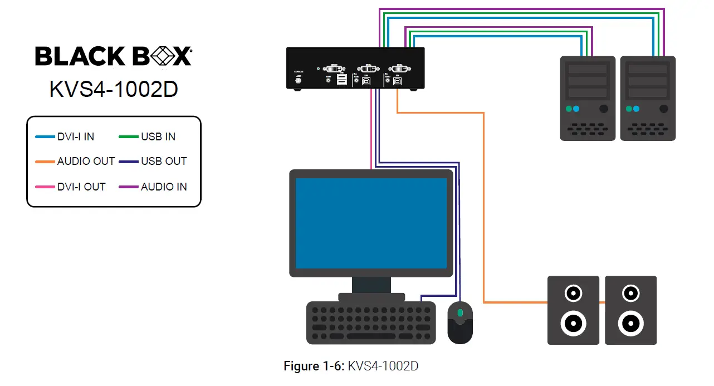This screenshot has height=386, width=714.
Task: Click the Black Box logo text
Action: [114, 57]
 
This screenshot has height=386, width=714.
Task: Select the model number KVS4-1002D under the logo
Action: [114, 89]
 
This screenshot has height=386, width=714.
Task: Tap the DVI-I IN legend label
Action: [76, 136]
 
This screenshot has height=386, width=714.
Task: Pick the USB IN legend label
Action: [158, 136]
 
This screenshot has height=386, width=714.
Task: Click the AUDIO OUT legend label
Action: [86, 162]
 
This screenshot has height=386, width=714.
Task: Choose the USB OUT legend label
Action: [163, 162]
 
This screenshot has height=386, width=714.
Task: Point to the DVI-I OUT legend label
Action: [81, 187]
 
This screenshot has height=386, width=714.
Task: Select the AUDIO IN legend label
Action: [163, 187]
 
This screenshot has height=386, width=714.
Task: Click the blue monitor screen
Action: [370, 223]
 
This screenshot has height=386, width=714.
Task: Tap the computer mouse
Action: [460, 323]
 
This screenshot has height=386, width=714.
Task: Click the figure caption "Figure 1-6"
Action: [314, 366]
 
